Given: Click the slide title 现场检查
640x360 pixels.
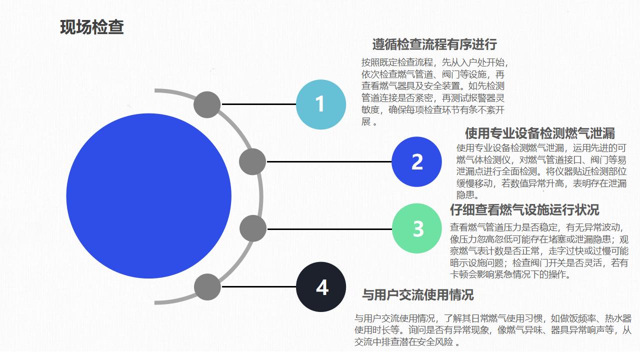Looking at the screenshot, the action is point(91,27).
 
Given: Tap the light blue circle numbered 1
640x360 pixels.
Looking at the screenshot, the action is point(321,104).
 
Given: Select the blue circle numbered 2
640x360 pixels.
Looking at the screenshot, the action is point(416,161).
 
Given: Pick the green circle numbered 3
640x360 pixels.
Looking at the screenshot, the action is point(417,228).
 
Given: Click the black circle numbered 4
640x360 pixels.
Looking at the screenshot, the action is point(321,286).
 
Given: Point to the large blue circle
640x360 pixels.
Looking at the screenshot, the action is point(148,196).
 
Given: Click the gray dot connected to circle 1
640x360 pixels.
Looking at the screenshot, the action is point(207,104).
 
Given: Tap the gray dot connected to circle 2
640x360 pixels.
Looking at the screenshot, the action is point(252,161).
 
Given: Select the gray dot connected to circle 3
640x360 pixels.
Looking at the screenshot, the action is point(253,228).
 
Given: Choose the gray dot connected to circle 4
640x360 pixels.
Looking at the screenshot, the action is point(207,287).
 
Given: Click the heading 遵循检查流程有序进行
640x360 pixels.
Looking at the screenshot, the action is point(434,44).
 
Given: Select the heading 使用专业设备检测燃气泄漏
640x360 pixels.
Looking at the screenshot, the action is point(540,133).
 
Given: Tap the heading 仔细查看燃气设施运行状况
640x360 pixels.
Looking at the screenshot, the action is point(524,209).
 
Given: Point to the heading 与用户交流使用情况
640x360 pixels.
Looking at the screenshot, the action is point(418,295).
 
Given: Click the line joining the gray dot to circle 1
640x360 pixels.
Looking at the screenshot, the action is point(258,104).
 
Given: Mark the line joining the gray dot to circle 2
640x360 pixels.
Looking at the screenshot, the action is point(329,161).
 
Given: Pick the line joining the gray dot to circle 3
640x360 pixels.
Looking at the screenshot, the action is point(329,229).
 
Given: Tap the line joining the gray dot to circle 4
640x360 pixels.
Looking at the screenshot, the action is point(259,286).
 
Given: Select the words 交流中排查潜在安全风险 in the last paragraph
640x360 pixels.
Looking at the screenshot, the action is point(403,341).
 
